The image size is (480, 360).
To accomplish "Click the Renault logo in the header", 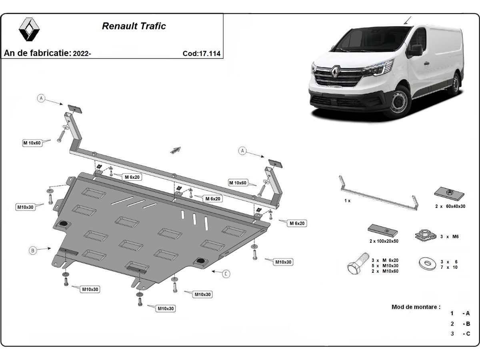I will point(29,29).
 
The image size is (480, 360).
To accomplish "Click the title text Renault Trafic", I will point(134,26).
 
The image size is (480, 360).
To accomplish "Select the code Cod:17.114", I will point(201,54).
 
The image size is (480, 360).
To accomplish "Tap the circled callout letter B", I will point(33,250).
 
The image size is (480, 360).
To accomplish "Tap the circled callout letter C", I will point(226,274).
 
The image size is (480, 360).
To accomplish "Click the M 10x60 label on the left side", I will point(32,143).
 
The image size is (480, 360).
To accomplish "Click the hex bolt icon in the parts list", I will point(358,264).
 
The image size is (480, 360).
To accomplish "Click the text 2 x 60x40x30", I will point(450,206).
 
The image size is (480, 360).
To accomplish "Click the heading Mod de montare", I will point(416,307).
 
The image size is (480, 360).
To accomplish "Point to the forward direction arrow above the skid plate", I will point(175,150).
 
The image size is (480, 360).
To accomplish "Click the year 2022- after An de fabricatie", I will point(82,54).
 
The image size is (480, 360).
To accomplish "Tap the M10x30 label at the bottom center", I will point(166,308).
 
